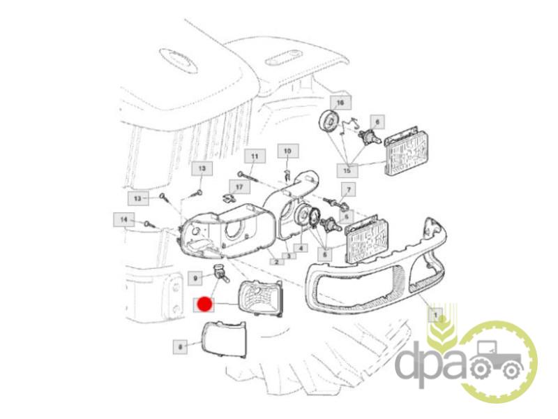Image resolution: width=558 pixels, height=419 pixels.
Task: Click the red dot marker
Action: (x=204, y=304)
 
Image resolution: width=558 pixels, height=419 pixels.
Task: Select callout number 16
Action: (x=340, y=103)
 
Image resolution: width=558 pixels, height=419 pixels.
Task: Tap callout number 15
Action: (x=347, y=170)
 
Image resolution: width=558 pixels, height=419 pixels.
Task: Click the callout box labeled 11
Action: (x=255, y=156)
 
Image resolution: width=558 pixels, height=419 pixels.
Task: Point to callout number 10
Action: (x=288, y=151)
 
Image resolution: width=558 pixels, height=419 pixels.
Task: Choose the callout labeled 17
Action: (x=239, y=187)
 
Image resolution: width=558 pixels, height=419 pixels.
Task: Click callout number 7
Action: (x=349, y=189)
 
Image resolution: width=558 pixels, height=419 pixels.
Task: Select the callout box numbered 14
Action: (x=124, y=220)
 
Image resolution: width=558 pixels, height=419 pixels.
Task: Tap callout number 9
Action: (x=195, y=277)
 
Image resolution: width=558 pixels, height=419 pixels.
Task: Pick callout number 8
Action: (x=180, y=346)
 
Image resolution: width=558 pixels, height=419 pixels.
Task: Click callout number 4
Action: (x=301, y=248)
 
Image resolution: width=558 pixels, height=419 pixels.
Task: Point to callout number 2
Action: (x=276, y=262)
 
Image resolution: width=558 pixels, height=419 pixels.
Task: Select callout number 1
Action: (x=435, y=316)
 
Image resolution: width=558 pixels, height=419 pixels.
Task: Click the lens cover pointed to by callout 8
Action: (x=223, y=339)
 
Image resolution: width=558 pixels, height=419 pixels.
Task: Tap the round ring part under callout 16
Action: (x=328, y=122)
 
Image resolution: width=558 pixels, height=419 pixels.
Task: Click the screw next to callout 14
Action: (x=149, y=224)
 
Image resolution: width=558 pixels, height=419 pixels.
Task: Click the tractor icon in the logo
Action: (x=496, y=360)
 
